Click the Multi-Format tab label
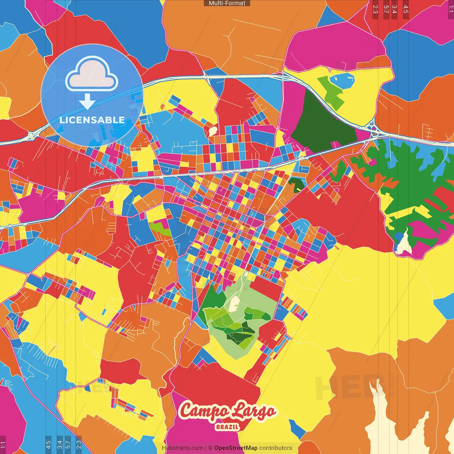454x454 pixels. click(227, 3)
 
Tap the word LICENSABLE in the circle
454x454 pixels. click(92, 120)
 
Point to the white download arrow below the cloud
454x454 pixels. click(87, 101)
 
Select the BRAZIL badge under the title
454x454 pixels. click(227, 427)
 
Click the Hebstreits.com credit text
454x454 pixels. click(183, 448)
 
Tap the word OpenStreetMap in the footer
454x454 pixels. click(236, 448)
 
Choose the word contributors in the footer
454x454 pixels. click(276, 448)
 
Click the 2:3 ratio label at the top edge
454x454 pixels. click(375, 9)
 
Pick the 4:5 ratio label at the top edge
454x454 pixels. click(406, 9)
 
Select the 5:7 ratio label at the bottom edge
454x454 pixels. click(68, 444)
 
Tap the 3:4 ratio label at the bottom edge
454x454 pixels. click(60, 444)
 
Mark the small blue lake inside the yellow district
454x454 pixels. click(342, 80)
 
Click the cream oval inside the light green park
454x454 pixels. click(234, 304)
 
